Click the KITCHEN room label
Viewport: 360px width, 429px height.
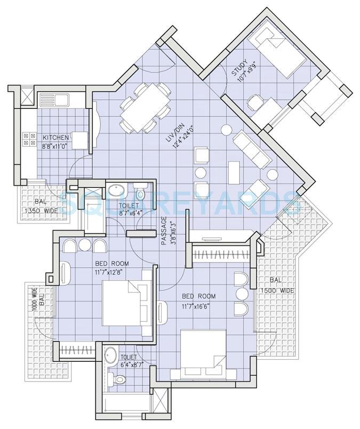tap(55, 137)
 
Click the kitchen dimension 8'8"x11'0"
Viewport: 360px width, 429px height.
tap(55, 145)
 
